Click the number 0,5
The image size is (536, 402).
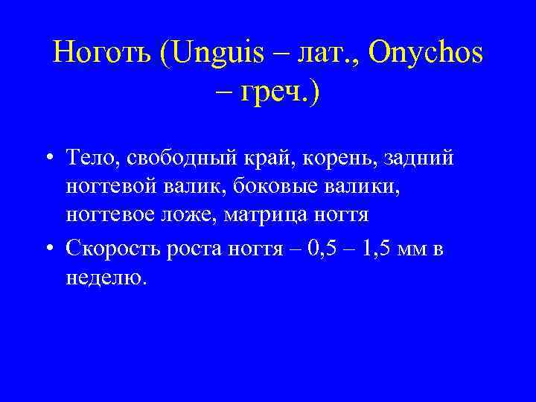[318, 249]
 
